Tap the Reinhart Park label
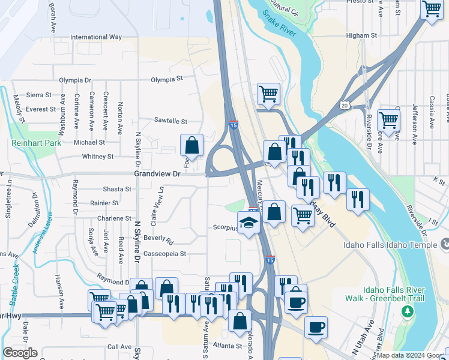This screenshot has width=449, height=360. pyautogui.click(x=36, y=143)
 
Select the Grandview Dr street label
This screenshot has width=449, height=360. pyautogui.click(x=157, y=173)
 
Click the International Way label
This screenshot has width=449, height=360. pyautogui.click(x=96, y=37)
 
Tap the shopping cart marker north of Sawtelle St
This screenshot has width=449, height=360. pyautogui.click(x=268, y=94)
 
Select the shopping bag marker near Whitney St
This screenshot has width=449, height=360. pyautogui.click(x=191, y=145)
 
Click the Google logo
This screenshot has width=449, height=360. pyautogui.click(x=20, y=352)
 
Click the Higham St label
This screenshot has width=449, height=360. pyautogui.click(x=361, y=36)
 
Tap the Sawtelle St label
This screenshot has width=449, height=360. pyautogui.click(x=171, y=121)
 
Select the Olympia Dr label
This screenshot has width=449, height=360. pyautogui.click(x=75, y=80)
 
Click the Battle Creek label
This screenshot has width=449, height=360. pyautogui.click(x=15, y=278)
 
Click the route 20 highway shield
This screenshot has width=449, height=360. pyautogui.click(x=344, y=105)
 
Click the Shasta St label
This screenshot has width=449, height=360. pyautogui.click(x=117, y=189)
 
